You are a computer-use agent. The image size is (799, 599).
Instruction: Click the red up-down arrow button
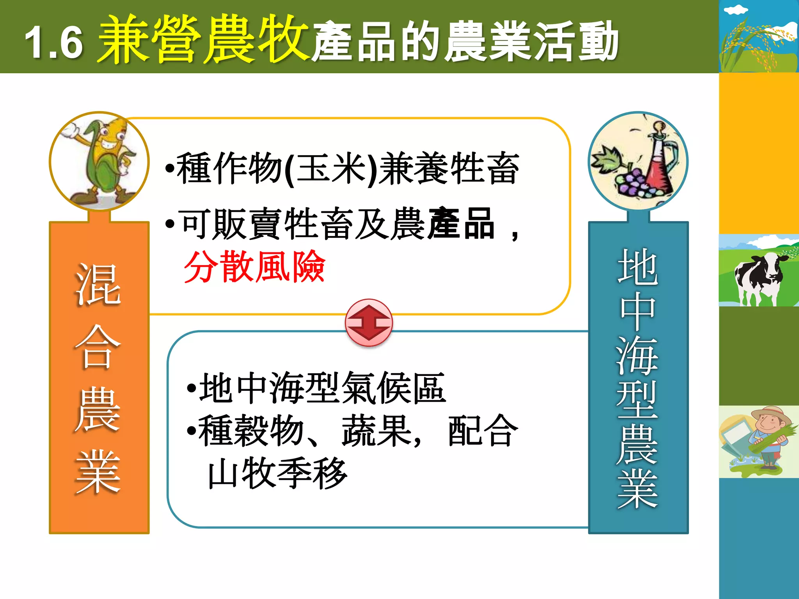tap(369, 323)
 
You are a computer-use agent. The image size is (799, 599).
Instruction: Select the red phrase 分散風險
tap(254, 267)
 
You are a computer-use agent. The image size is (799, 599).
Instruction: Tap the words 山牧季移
tap(278, 473)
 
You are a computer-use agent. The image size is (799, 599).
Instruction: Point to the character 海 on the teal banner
tap(637, 354)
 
